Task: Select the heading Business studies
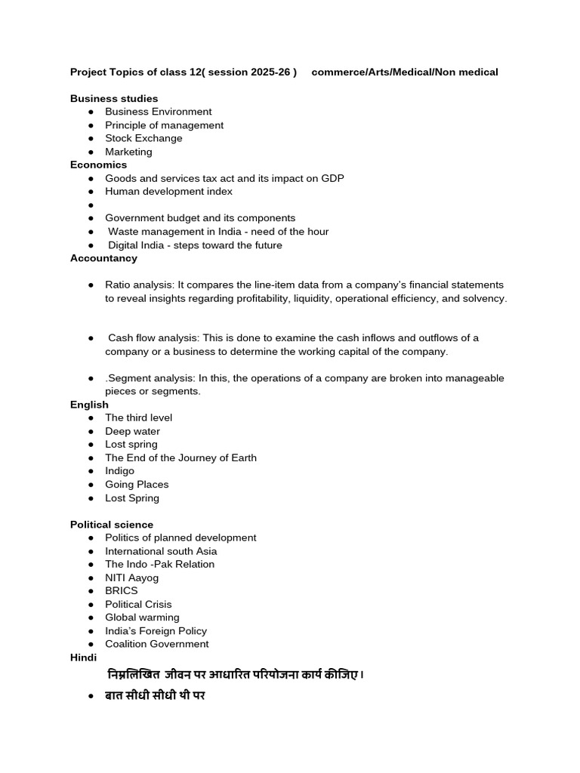114,99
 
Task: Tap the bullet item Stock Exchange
143,139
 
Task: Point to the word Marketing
128,152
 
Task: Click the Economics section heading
98,165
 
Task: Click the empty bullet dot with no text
91,205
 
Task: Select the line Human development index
168,192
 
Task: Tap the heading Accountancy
103,258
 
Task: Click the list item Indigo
119,471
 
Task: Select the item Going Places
137,485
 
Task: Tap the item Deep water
132,432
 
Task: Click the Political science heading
112,525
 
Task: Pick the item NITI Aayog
131,578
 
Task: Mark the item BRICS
121,591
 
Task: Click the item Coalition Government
156,645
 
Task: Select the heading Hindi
83,658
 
